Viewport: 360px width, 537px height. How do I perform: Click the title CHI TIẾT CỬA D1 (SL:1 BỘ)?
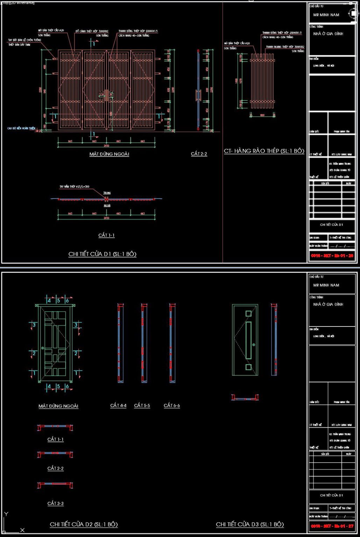click(102, 254)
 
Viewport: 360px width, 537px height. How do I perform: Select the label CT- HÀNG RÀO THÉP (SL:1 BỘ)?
click(264, 151)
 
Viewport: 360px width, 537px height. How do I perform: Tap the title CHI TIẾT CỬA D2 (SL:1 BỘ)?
click(84, 524)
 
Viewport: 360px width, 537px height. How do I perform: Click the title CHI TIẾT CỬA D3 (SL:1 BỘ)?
click(250, 524)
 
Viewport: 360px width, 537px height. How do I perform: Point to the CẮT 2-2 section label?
click(199, 154)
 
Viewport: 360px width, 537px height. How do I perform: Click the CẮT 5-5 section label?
click(142, 406)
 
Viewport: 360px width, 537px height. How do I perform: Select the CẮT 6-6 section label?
click(172, 406)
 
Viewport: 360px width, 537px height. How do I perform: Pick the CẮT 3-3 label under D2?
click(56, 503)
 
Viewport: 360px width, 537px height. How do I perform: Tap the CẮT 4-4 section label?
click(118, 406)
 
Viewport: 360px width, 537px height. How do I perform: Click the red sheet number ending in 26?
click(332, 256)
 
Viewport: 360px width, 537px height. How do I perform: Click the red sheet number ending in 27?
click(332, 526)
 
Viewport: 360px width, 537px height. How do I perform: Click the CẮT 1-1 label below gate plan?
click(106, 235)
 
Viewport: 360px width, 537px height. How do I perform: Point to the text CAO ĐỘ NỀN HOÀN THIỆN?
click(21, 128)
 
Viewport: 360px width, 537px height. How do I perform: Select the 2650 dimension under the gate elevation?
click(106, 146)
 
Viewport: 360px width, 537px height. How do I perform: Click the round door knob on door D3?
click(254, 345)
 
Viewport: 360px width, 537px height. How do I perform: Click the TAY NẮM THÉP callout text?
click(74, 187)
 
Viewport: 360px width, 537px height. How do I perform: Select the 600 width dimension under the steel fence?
click(262, 115)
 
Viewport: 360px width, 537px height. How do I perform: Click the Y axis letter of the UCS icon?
click(6, 514)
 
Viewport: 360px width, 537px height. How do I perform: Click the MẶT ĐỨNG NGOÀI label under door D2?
click(58, 406)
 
